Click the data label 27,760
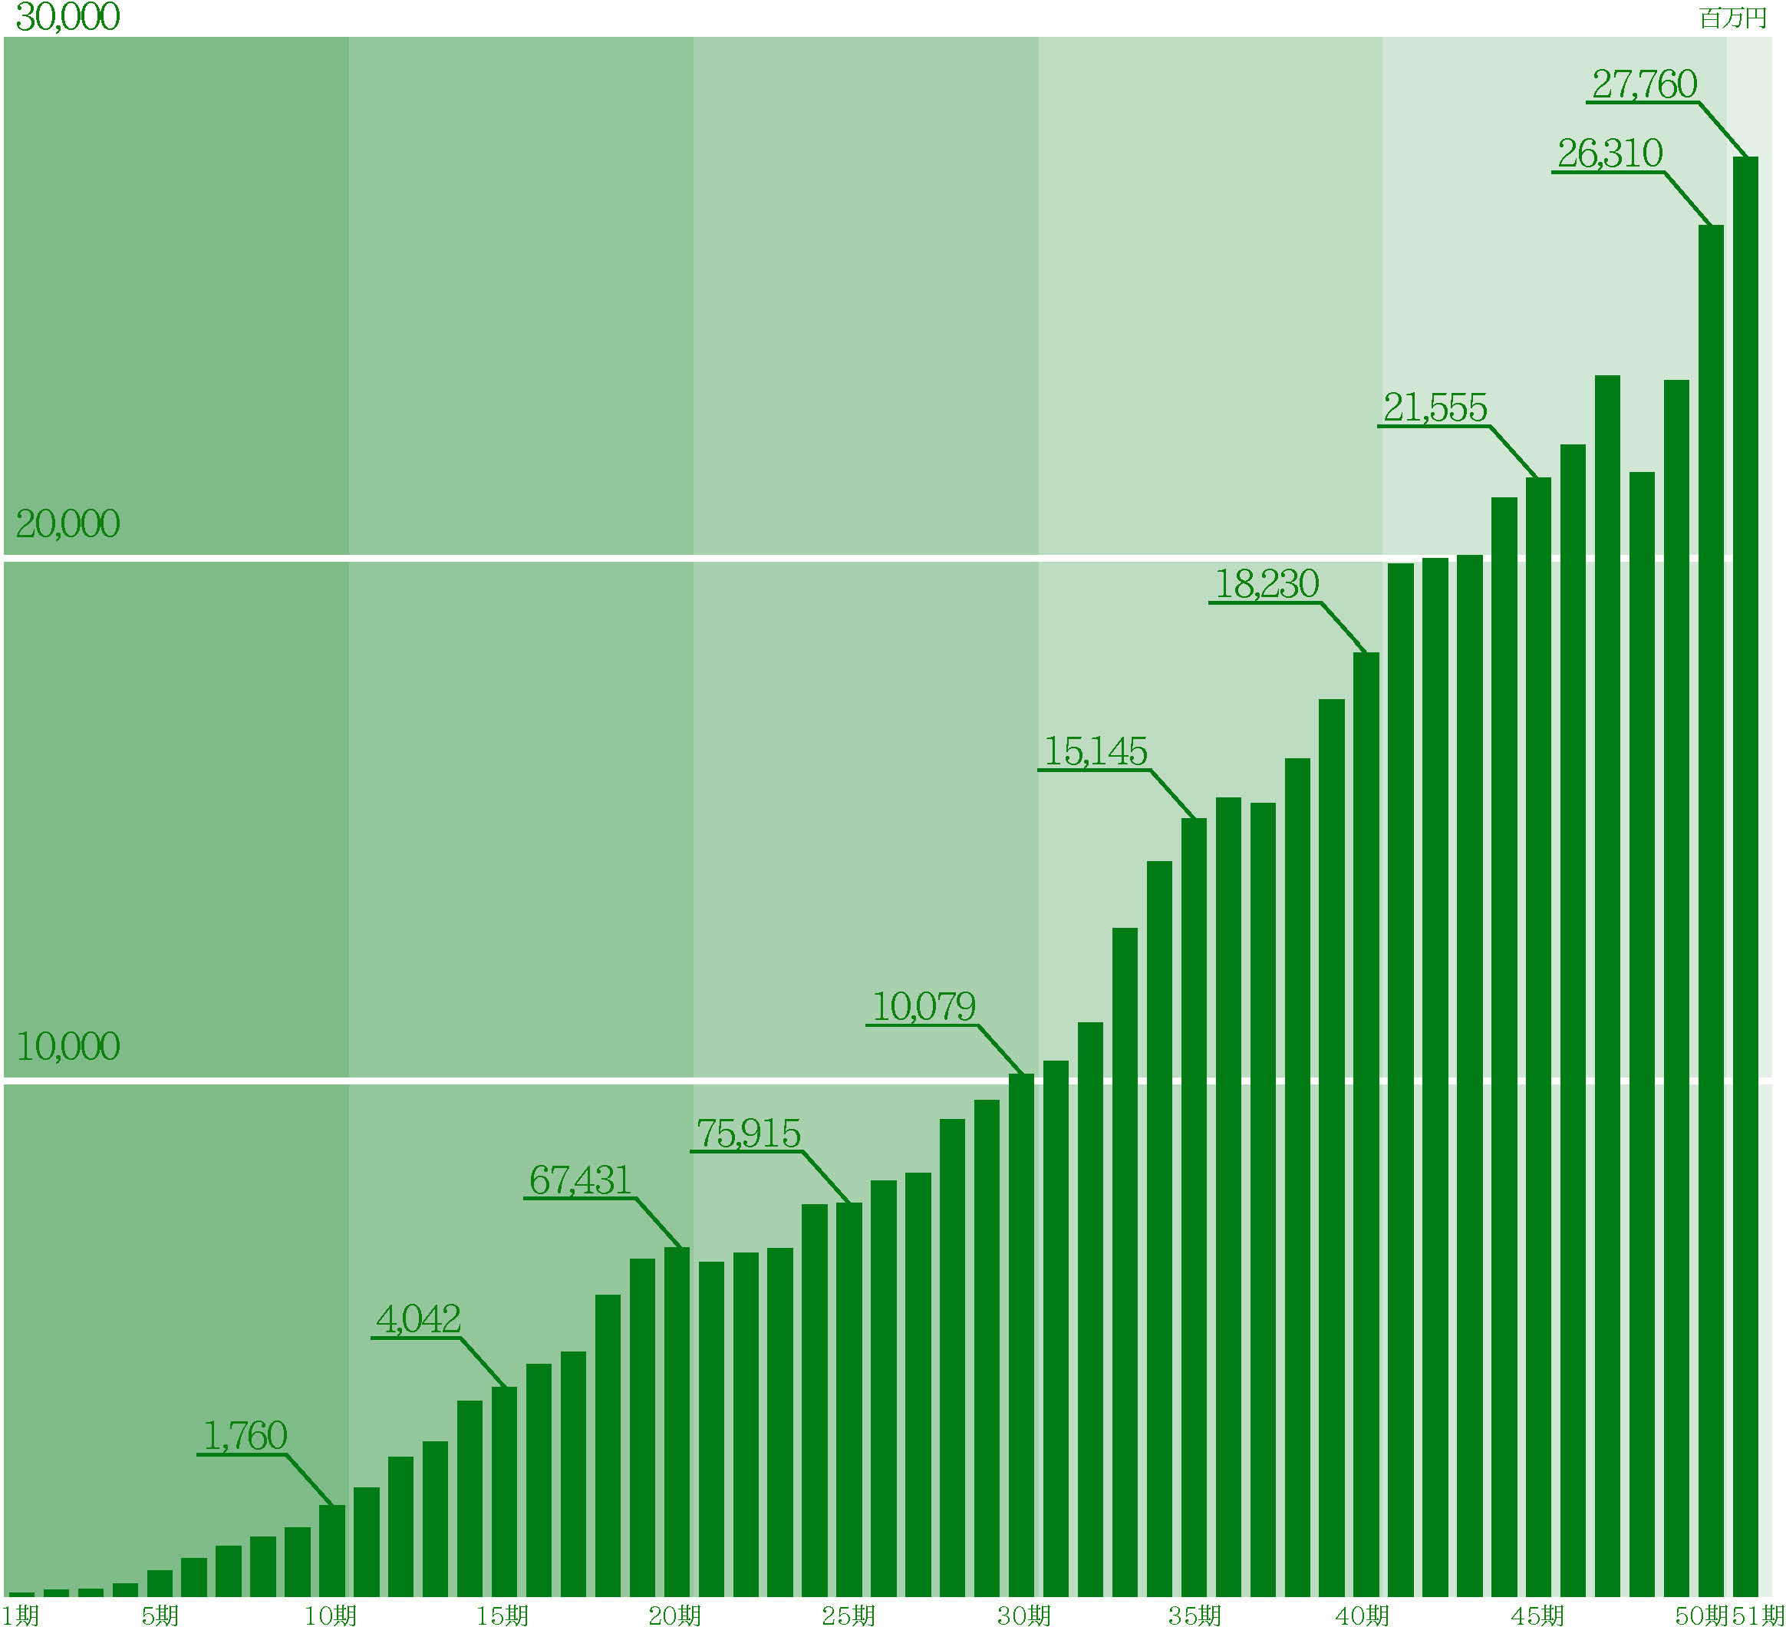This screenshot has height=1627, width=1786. click(x=1644, y=84)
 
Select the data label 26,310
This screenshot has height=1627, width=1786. click(x=1610, y=153)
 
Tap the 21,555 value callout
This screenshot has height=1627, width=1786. click(x=1435, y=408)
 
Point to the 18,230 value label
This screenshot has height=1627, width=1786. click(x=1267, y=584)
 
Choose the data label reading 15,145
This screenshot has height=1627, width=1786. click(x=1096, y=751)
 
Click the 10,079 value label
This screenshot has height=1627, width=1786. click(x=924, y=1007)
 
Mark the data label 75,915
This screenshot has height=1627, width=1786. click(x=749, y=1134)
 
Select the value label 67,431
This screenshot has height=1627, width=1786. click(x=580, y=1180)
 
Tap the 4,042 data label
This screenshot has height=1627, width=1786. click(x=418, y=1319)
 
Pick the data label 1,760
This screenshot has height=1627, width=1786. click(x=245, y=1437)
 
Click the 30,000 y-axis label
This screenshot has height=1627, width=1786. click(x=68, y=17)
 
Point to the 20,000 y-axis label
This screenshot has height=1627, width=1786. click(x=68, y=523)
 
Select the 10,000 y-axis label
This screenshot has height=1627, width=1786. click(x=68, y=1047)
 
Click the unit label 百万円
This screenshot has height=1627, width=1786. click(x=1733, y=18)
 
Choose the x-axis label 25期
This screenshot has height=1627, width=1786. click(x=848, y=1615)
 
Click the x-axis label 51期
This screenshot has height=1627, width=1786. click(x=1758, y=1615)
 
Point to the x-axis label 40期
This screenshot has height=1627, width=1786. click(x=1363, y=1615)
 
